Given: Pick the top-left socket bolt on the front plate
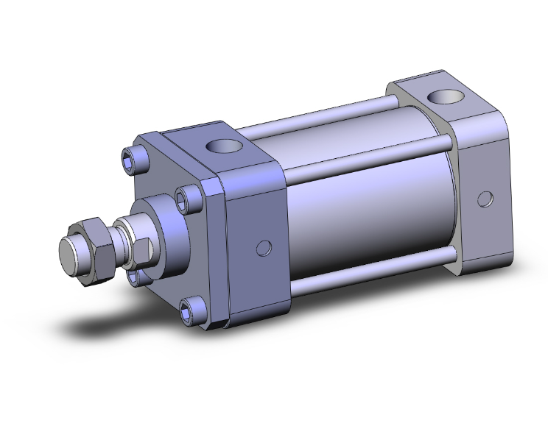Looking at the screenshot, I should pyautogui.click(x=127, y=157).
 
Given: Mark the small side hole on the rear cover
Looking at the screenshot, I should pyautogui.click(x=484, y=198).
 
